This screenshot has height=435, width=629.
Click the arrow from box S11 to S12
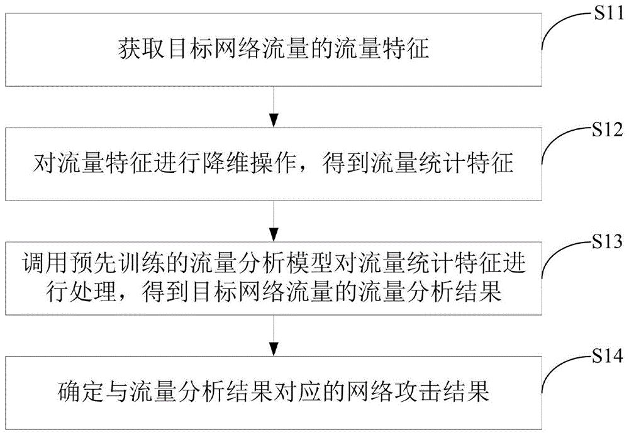(x=273, y=107)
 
